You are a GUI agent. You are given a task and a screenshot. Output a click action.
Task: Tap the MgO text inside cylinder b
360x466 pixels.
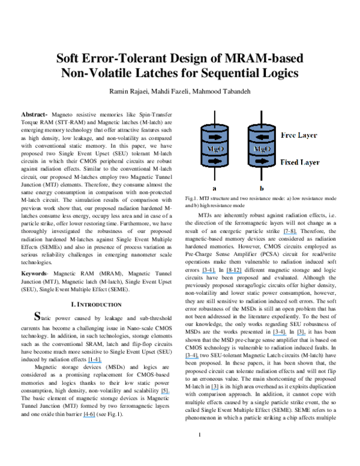(260, 147)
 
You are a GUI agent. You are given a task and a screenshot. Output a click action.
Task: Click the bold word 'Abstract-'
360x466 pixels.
(34, 113)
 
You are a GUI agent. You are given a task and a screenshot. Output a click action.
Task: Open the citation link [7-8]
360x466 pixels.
(292, 230)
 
